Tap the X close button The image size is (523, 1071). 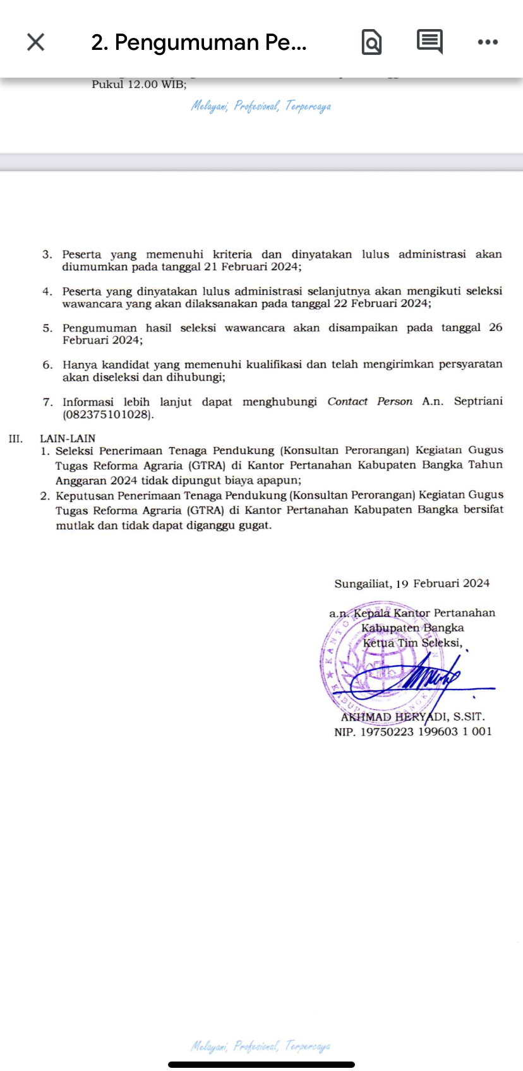click(36, 42)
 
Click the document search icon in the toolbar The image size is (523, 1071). click(371, 42)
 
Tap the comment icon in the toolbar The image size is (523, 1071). click(430, 42)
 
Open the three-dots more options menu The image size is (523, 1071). click(488, 42)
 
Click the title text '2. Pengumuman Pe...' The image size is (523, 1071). click(199, 42)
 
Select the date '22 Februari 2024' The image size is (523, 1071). click(389, 303)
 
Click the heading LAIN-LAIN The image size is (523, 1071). click(68, 438)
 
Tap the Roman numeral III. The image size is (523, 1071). click(16, 438)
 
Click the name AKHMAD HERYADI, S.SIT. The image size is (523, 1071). click(412, 717)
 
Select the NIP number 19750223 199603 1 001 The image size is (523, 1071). click(426, 732)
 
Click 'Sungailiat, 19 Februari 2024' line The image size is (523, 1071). click(412, 583)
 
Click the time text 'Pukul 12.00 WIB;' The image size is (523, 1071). click(139, 85)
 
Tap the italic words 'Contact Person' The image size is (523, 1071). click(370, 402)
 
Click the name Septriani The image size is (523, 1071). click(478, 402)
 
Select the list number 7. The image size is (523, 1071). click(47, 402)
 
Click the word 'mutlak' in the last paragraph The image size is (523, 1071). click(74, 525)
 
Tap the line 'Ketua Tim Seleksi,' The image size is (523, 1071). click(412, 643)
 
